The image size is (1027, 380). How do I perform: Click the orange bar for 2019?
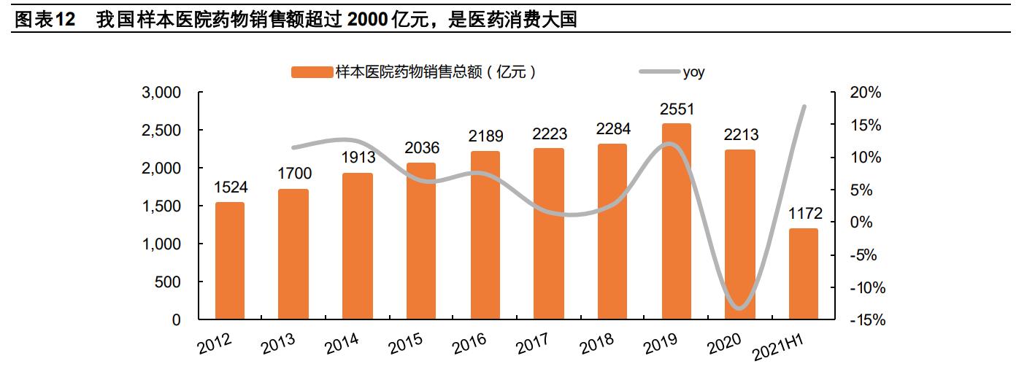click(x=676, y=222)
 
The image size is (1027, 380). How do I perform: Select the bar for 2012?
click(x=229, y=261)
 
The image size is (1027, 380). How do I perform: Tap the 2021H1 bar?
click(x=804, y=274)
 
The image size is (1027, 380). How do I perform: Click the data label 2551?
click(x=677, y=109)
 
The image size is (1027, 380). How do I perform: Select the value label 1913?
click(x=358, y=158)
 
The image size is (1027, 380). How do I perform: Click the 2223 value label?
click(x=549, y=134)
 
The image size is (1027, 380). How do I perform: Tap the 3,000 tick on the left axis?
click(x=160, y=93)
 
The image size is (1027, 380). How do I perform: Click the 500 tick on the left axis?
click(x=169, y=282)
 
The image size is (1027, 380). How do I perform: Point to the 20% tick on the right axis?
click(x=866, y=93)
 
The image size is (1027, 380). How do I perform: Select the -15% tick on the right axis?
click(x=866, y=320)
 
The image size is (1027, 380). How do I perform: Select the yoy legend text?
click(x=693, y=71)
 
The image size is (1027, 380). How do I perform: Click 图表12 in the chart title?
click(x=45, y=20)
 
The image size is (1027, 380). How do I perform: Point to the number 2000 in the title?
click(x=368, y=20)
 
